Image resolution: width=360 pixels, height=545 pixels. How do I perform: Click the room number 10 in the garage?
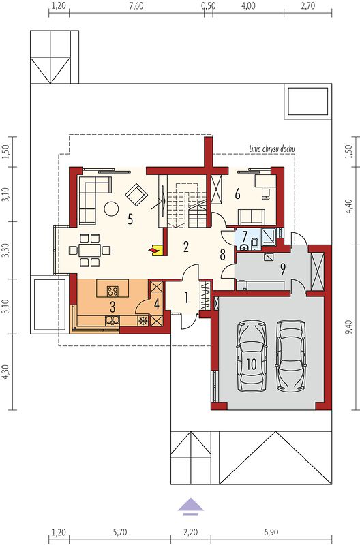pos(251,364)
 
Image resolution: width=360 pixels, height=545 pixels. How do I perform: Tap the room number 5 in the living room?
pos(130,219)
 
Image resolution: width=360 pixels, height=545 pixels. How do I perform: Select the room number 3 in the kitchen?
pos(112,307)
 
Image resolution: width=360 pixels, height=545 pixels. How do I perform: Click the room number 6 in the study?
pos(237,194)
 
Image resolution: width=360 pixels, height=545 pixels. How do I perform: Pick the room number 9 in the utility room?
pos(283,268)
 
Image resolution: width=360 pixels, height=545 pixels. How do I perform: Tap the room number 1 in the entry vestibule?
pos(187,298)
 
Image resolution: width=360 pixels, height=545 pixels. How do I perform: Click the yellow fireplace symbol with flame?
pos(155,249)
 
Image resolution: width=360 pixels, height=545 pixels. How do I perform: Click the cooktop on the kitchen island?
pos(112,291)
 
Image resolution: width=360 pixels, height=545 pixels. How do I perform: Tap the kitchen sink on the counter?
pos(112,320)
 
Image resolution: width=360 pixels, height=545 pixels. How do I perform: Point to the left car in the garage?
pos(252,357)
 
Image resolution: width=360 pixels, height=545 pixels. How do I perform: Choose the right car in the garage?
pos(292,355)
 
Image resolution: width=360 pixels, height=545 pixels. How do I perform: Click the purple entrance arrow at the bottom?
pos(191,505)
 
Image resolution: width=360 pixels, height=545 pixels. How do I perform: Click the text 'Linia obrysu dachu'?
pos(272,149)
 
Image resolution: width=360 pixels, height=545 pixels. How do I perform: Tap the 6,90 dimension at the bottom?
pos(271,532)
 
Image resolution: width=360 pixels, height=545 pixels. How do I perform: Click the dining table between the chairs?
pos(90,250)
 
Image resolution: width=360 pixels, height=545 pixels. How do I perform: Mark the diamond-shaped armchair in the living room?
pos(136,195)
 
